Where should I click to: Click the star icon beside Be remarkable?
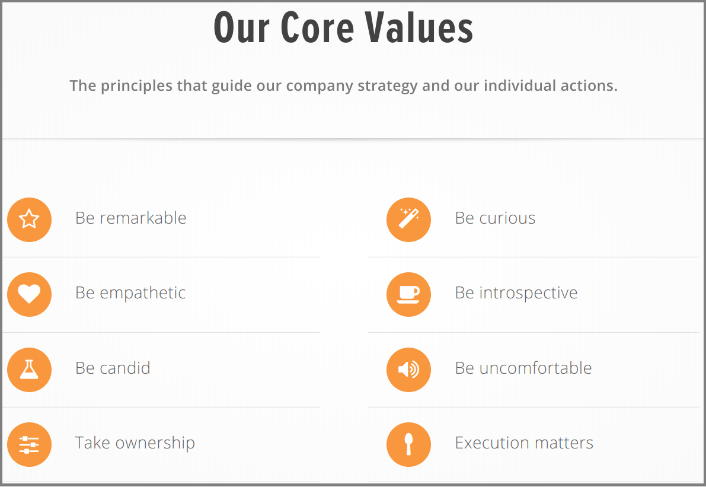point(29,219)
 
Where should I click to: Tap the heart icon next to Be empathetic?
point(29,294)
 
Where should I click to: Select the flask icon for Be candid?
point(29,370)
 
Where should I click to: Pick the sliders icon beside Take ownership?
point(29,444)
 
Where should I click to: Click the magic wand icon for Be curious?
point(408,219)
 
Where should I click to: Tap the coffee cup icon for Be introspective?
point(408,294)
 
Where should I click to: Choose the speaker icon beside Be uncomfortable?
point(408,370)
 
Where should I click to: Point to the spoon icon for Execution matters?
point(408,444)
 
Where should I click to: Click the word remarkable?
point(143,218)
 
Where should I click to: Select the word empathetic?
point(142,293)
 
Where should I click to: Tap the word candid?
point(124,368)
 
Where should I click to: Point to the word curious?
point(507,218)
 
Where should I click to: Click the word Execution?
point(487,443)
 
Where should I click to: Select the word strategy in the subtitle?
point(388,86)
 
